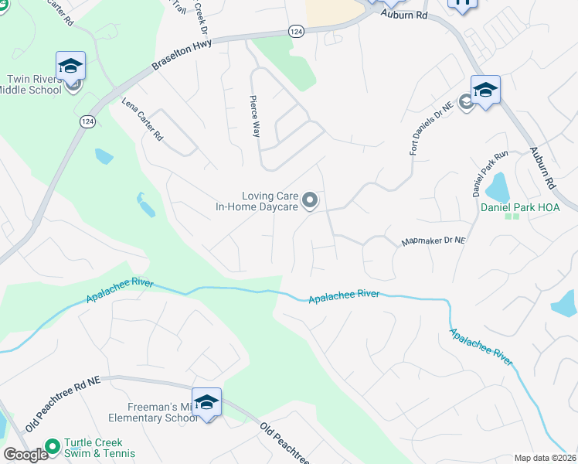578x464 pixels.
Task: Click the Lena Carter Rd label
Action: coord(142,119)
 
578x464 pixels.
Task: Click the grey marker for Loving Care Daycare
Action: coord(310,201)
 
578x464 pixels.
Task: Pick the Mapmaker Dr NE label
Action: coord(433,241)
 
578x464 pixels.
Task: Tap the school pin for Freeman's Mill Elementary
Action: coord(206,402)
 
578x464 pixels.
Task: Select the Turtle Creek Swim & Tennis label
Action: coord(99,448)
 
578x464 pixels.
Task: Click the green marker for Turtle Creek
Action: coord(53,446)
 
